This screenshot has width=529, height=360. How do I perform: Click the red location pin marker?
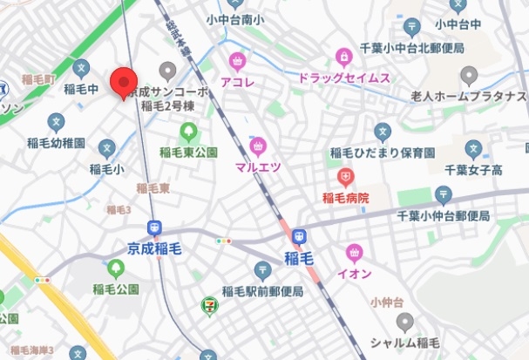(x=124, y=83)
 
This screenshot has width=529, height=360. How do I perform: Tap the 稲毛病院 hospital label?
(x=346, y=199)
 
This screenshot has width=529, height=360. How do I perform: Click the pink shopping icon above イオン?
(x=354, y=253)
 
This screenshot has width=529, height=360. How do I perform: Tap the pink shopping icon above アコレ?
(x=236, y=61)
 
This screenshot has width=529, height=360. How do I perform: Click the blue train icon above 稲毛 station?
(x=298, y=235)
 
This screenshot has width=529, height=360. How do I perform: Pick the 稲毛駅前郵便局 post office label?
(x=261, y=291)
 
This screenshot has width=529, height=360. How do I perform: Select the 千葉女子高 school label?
(x=474, y=169)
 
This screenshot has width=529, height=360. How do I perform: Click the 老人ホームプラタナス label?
(x=470, y=95)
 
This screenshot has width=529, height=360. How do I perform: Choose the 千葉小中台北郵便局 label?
(x=426, y=51)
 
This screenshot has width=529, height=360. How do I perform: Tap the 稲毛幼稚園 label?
(x=55, y=141)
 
